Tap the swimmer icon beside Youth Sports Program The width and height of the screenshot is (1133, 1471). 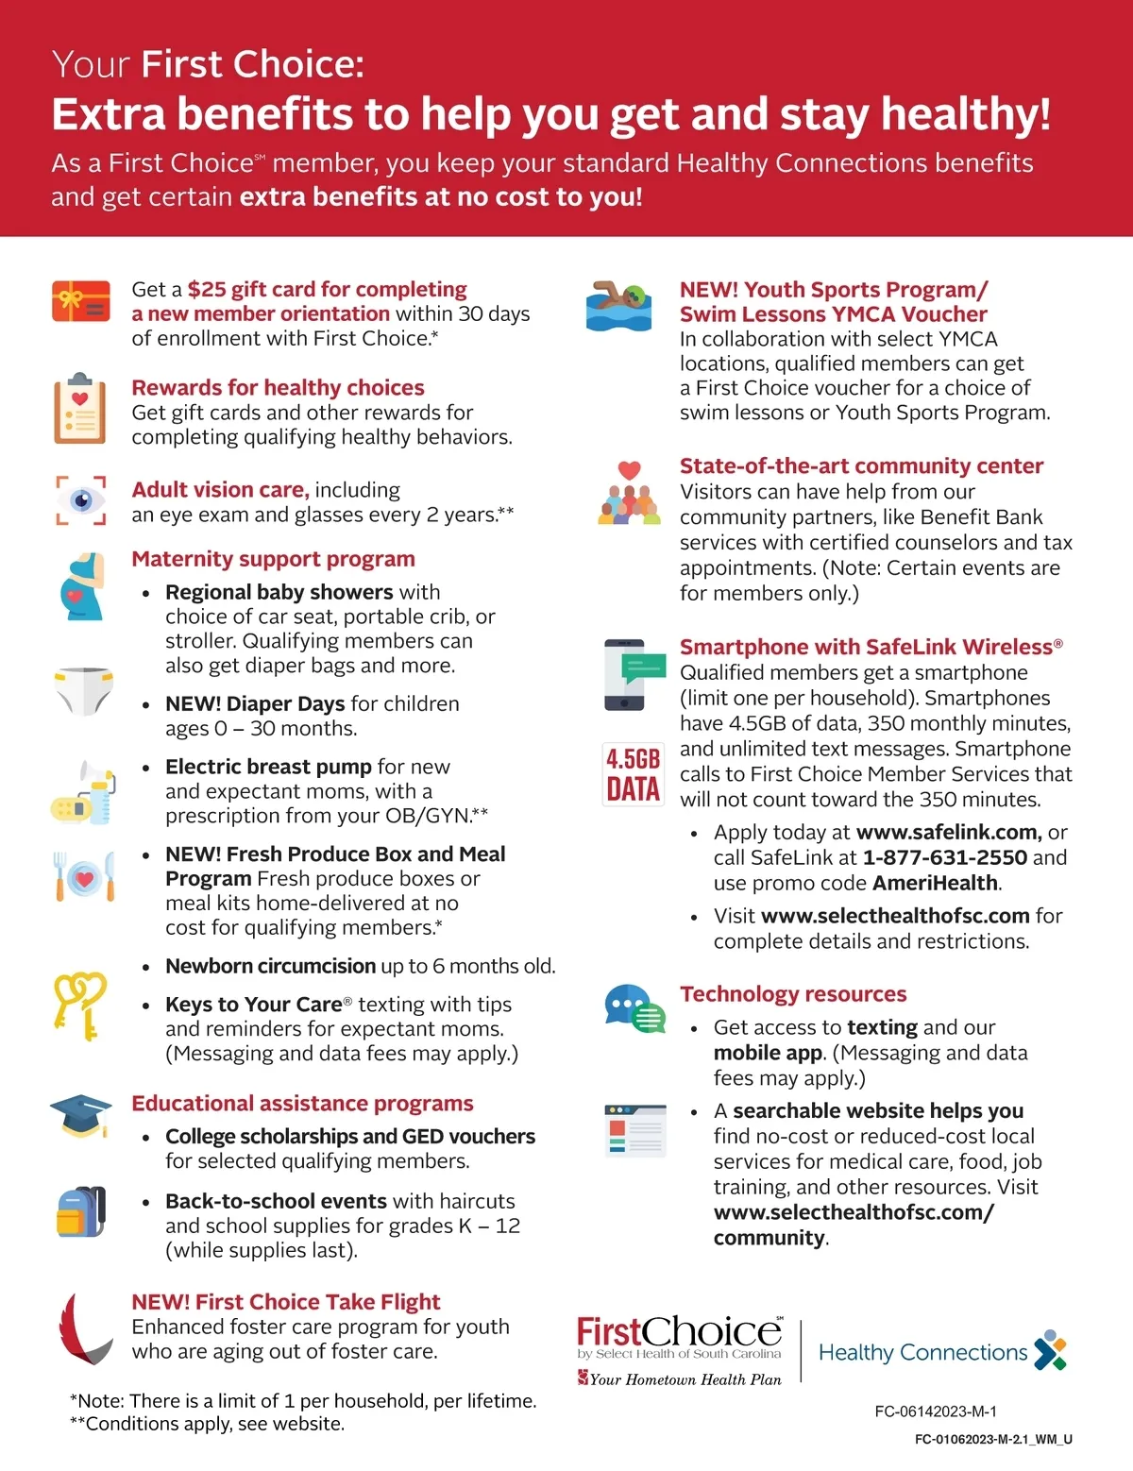pos(618,306)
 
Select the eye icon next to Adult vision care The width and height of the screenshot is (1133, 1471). pos(81,500)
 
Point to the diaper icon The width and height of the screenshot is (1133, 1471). pos(83,690)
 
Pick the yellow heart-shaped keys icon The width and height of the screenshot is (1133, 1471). pos(80,1006)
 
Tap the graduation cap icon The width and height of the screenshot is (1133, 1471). pos(81,1115)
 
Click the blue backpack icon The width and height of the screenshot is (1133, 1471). pos(81,1211)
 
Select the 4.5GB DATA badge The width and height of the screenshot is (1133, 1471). pos(633,774)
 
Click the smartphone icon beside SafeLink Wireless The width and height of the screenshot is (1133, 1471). pos(624,674)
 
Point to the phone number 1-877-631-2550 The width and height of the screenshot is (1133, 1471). pos(944,857)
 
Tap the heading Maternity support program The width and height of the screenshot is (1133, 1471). pos(273,559)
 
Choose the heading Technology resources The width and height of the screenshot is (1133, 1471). pos(793,994)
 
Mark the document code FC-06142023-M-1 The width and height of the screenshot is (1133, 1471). pos(936,1412)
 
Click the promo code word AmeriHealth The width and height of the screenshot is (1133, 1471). pos(935,883)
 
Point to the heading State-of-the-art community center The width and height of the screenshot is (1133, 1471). pos(861,466)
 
